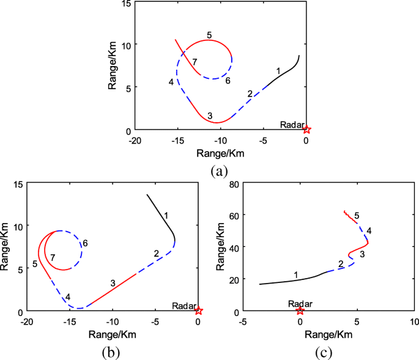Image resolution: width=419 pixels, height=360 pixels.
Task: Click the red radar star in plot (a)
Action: coord(306,130)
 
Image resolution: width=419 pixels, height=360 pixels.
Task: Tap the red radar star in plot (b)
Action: coord(198,310)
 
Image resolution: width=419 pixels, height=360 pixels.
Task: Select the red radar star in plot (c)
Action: coord(300,310)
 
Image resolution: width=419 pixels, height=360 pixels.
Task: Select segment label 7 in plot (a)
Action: coord(194,62)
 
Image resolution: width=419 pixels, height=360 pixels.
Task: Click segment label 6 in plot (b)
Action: coord(85,243)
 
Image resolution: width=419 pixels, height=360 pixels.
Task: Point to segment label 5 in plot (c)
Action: coord(357,215)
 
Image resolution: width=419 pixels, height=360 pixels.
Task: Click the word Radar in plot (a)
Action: coord(291,124)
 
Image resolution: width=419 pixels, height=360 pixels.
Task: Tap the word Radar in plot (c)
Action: coord(300,303)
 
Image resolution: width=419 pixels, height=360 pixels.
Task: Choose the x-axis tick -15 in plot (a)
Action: coord(177,141)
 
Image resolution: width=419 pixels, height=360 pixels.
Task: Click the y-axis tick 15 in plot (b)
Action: coord(17,185)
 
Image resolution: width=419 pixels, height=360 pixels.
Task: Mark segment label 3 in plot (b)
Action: coord(113,283)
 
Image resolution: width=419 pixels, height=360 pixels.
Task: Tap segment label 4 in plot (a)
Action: coord(171,82)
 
